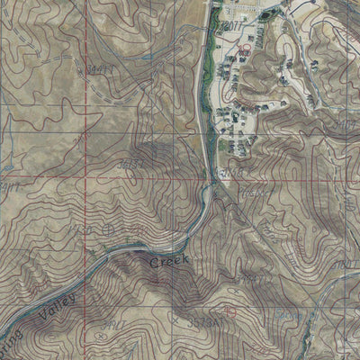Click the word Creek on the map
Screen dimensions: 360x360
(168, 260)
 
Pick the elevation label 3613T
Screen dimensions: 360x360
(133, 162)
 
